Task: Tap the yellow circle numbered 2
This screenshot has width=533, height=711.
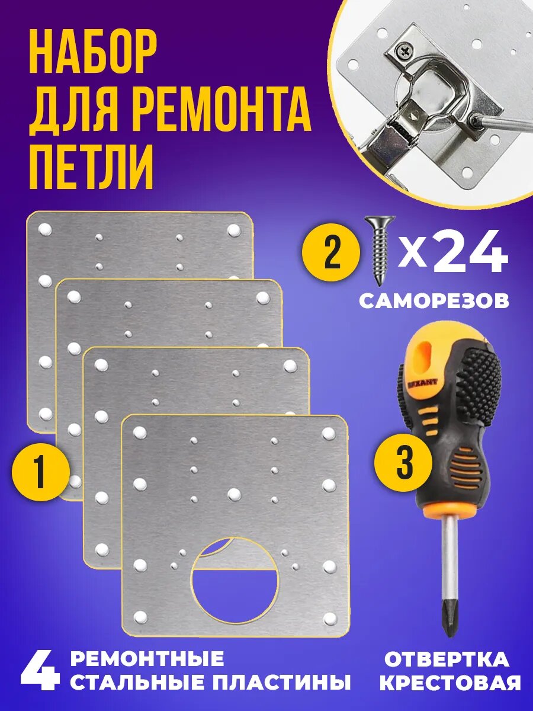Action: coord(331,254)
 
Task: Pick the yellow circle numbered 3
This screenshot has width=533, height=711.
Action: coord(404,463)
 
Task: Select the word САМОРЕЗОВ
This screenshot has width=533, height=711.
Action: coord(434,301)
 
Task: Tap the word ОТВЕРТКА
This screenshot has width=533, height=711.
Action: coord(447,659)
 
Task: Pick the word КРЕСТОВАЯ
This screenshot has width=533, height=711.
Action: coord(450,683)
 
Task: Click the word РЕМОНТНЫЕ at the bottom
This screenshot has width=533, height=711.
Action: coord(147,659)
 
